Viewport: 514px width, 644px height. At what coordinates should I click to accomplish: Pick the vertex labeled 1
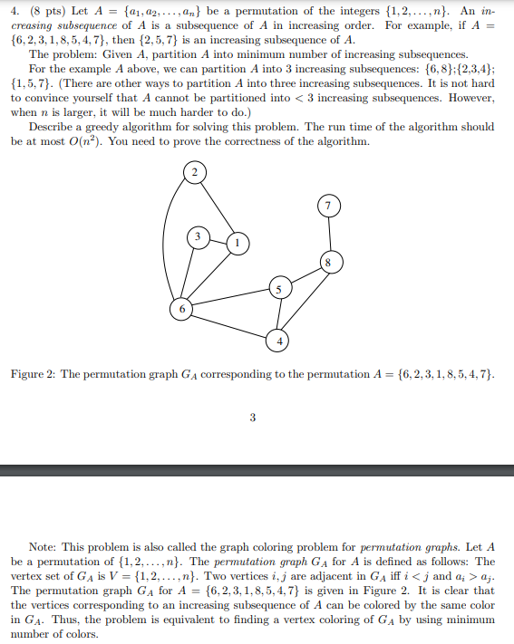(237, 243)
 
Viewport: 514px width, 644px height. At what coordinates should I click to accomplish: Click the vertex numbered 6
(181, 309)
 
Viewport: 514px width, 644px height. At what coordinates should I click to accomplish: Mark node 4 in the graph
(278, 341)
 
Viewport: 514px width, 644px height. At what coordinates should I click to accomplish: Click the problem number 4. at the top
(15, 10)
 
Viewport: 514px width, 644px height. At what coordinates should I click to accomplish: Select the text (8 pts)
(42, 10)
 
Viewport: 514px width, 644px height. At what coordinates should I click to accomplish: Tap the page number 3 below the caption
(252, 418)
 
